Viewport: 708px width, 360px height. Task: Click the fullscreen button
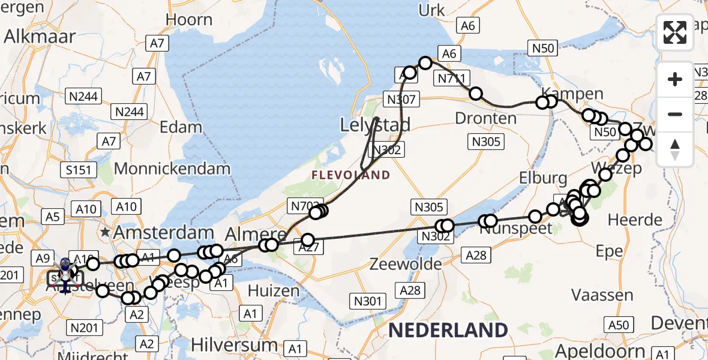[675, 32]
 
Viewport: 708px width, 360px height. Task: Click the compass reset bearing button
[675, 149]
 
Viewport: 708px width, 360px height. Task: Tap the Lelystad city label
[376, 125]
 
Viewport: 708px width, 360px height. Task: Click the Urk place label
[432, 10]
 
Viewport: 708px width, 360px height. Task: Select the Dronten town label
[486, 118]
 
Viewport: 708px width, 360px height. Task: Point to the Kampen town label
[564, 94]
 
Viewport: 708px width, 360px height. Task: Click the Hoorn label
[189, 20]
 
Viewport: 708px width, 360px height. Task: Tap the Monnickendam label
[172, 169]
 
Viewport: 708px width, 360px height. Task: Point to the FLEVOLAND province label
[351, 175]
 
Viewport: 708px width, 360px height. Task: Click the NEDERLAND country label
[448, 329]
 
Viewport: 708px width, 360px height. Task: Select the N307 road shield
[401, 100]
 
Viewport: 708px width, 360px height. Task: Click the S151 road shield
[79, 170]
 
